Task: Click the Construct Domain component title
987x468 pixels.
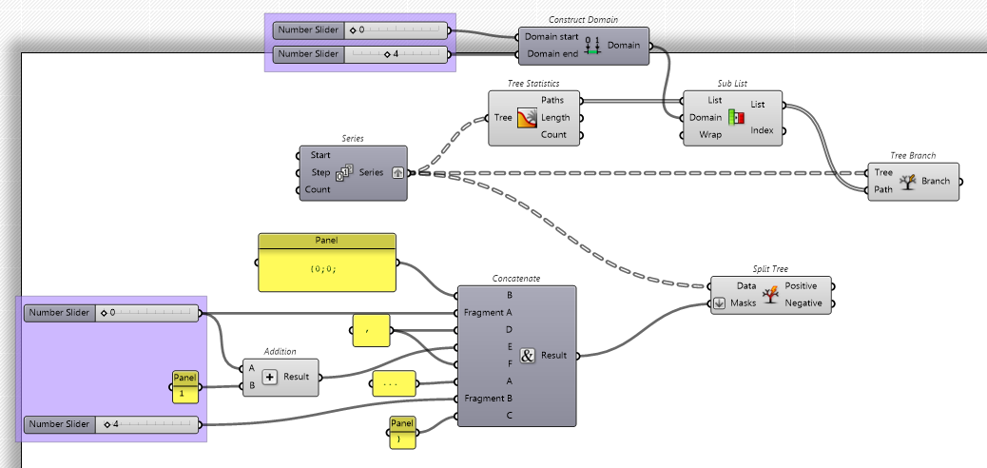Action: [x=583, y=20]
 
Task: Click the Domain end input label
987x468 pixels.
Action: [x=552, y=53]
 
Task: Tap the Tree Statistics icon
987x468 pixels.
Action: [x=528, y=118]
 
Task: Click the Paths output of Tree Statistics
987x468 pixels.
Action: [x=552, y=100]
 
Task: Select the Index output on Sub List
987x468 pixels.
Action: [x=763, y=129]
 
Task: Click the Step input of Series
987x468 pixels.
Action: [x=320, y=172]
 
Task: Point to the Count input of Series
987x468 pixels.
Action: [x=318, y=189]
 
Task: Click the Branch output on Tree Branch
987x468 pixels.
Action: [x=936, y=181]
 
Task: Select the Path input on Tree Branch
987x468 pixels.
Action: [x=883, y=189]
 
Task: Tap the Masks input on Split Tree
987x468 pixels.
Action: [x=743, y=303]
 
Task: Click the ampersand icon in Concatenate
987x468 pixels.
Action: [x=529, y=356]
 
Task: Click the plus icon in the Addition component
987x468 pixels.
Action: [x=270, y=377]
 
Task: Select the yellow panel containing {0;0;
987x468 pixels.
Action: [x=326, y=268]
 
